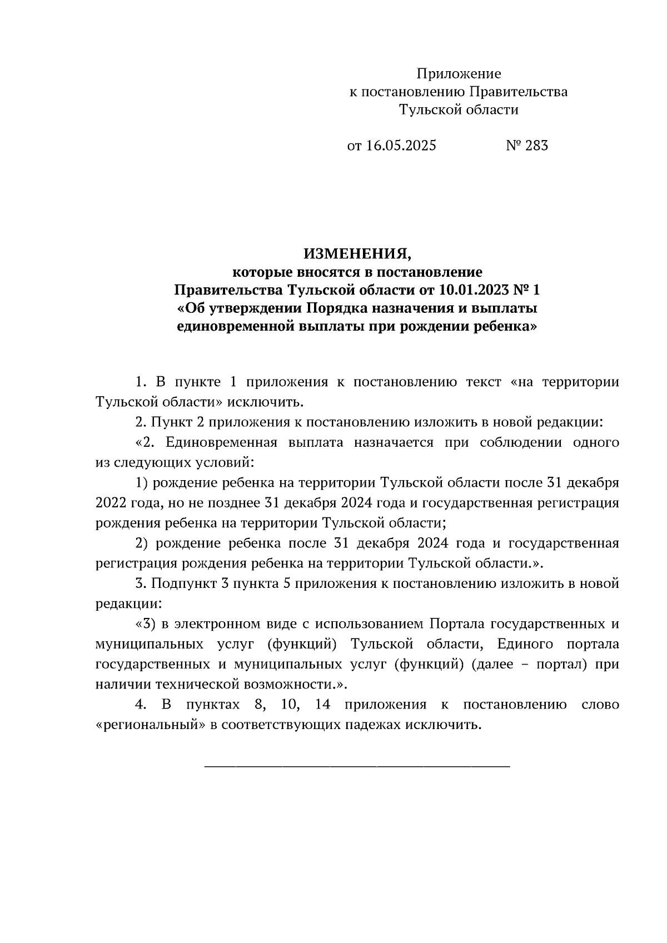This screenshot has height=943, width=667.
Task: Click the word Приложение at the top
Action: coord(459,74)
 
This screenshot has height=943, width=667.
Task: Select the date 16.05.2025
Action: coord(401,146)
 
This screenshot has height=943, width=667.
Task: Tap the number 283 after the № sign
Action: coord(535,146)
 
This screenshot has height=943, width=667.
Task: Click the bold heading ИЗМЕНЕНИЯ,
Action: coord(357,255)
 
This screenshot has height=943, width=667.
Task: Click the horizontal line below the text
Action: coord(357,767)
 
